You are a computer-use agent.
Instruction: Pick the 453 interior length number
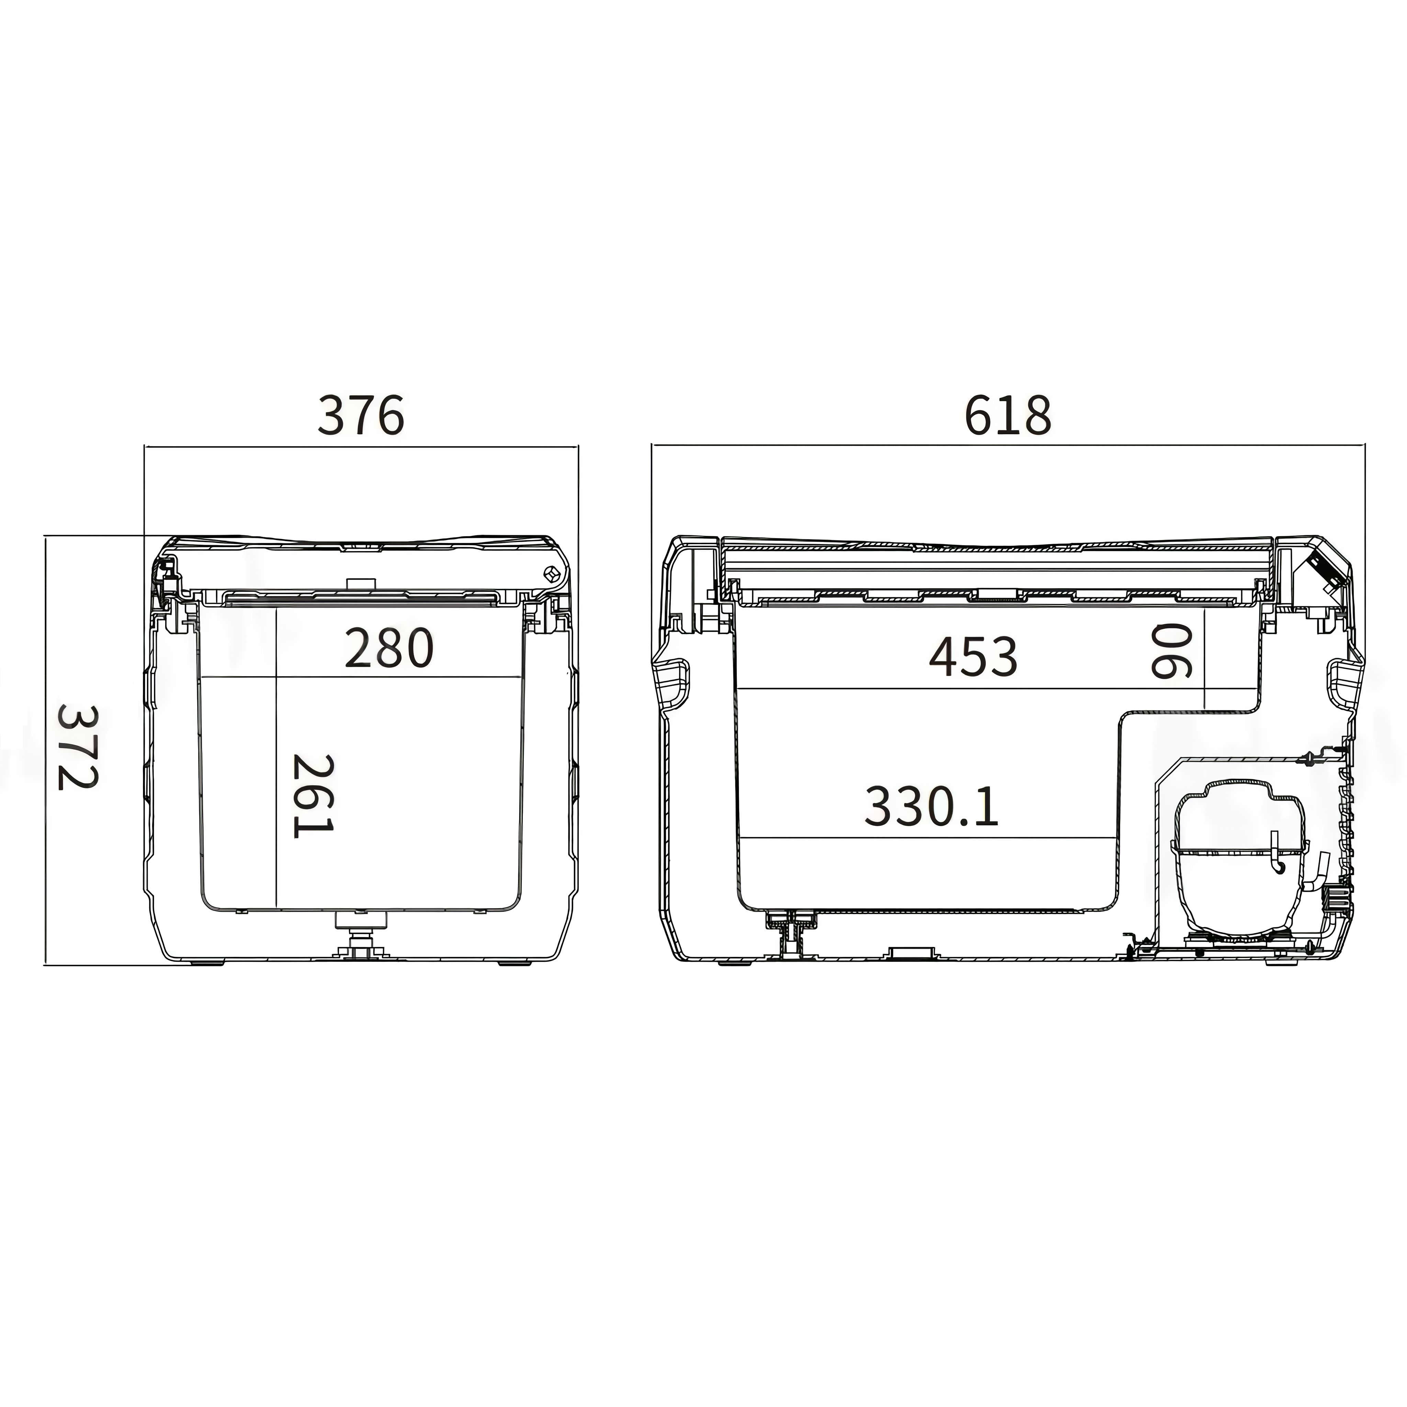pyautogui.click(x=973, y=656)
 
